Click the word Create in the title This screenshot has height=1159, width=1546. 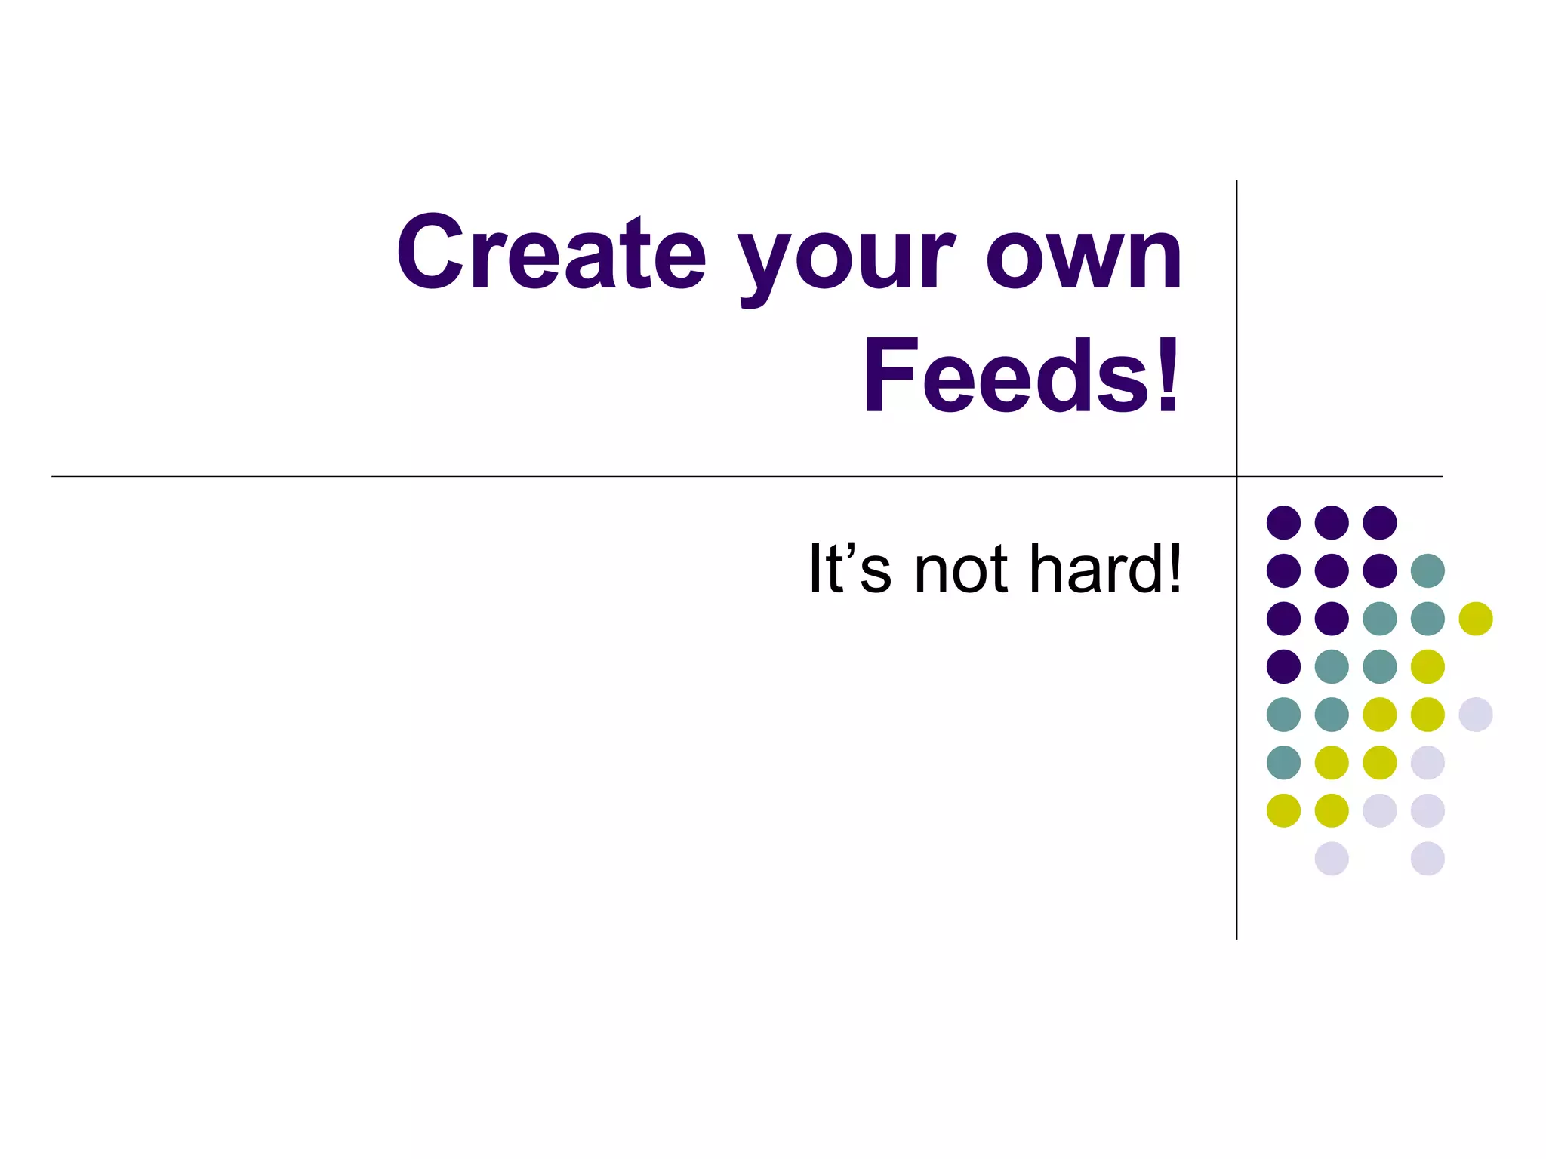(x=551, y=253)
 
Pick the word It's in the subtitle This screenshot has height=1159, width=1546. (x=850, y=569)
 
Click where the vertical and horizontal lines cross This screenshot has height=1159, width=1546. (x=1236, y=476)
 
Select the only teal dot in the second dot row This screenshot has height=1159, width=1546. (x=1427, y=570)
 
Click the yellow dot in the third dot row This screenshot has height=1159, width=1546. (x=1476, y=619)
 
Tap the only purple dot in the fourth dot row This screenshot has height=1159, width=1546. (x=1283, y=666)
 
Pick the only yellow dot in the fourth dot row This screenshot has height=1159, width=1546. (x=1427, y=666)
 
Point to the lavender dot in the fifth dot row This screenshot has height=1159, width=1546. (x=1476, y=715)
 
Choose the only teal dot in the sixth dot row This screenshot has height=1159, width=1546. (x=1283, y=762)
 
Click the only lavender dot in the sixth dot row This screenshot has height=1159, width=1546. (x=1427, y=762)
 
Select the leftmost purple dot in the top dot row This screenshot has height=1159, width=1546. (x=1283, y=522)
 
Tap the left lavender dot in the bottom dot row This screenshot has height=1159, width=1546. (x=1332, y=859)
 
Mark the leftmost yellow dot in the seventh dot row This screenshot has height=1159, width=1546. (x=1283, y=810)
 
